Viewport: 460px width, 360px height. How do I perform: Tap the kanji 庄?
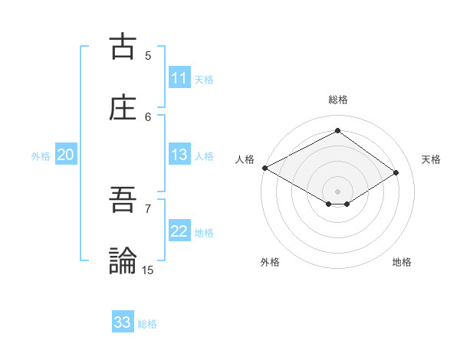click(123, 108)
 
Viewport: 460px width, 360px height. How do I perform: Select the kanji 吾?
click(123, 200)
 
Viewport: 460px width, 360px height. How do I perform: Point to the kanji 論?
click(123, 260)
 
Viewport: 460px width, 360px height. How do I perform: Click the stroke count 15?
click(148, 270)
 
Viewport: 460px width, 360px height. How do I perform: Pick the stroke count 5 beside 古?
click(148, 55)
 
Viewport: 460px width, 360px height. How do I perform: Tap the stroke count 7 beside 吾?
click(148, 208)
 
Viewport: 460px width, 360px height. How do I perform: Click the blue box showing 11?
click(179, 78)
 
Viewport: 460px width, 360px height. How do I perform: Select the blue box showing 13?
click(179, 155)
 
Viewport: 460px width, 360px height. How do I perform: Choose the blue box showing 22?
click(179, 231)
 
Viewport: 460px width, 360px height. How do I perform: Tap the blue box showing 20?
click(65, 155)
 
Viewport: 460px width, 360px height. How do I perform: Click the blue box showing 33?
click(123, 322)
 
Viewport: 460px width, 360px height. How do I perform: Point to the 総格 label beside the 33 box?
click(147, 324)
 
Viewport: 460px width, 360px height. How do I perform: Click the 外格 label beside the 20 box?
click(41, 156)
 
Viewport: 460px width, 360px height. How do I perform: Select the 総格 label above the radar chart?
click(337, 100)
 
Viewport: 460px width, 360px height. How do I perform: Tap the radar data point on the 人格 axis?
click(264, 167)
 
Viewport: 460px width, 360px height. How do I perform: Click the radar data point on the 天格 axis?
click(396, 173)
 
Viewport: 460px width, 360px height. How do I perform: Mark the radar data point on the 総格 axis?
click(337, 130)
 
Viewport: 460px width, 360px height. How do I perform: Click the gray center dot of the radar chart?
click(337, 191)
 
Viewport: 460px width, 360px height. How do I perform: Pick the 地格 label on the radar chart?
click(402, 262)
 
